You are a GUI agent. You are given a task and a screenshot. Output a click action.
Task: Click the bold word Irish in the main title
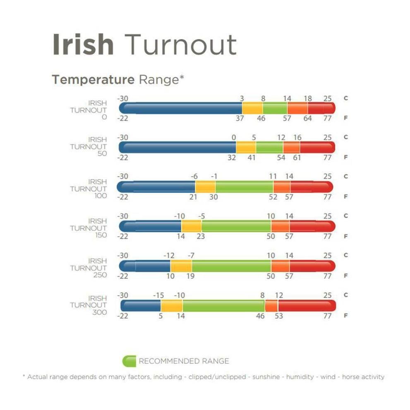83,44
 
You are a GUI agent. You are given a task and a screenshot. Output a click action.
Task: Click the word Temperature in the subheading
93,79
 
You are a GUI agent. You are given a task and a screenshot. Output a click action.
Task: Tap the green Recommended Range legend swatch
129,361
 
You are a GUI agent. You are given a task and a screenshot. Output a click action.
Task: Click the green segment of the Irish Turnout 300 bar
223,306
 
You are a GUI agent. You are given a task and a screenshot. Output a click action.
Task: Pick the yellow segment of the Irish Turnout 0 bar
252,108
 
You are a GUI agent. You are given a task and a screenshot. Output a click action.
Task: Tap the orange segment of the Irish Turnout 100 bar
282,187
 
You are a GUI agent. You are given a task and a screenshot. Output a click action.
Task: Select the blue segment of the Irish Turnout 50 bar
178,147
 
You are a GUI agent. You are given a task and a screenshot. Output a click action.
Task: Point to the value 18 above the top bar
307,98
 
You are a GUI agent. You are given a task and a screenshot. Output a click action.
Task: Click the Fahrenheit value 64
307,118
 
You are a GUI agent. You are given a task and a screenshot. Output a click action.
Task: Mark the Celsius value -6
194,177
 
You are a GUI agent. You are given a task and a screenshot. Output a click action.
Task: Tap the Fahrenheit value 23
201,236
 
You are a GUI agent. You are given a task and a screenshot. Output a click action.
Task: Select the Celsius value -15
159,295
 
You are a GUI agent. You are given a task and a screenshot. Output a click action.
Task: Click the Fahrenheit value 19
190,276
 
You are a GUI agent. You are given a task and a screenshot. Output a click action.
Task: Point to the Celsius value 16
297,137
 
